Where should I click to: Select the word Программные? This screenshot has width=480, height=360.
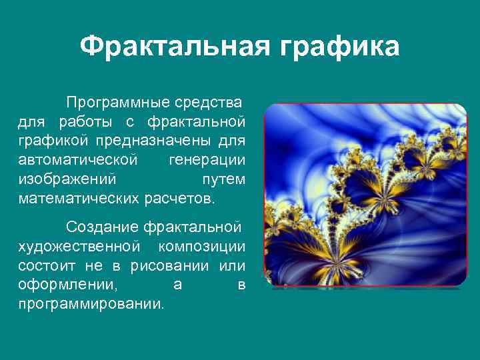tap(116, 103)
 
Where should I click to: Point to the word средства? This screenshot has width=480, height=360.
tap(208, 103)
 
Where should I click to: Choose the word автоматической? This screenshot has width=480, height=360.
tap(79, 161)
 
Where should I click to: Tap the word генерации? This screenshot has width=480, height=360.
tap(207, 161)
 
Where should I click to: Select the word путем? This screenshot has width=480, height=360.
tap(223, 180)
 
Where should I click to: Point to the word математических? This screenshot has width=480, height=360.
tap(79, 199)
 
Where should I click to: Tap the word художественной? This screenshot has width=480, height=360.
tap(79, 247)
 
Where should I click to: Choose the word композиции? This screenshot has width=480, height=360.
tap(201, 247)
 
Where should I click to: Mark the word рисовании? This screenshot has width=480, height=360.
tap(177, 266)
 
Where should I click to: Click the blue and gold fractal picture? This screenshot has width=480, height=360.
tap(365, 195)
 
